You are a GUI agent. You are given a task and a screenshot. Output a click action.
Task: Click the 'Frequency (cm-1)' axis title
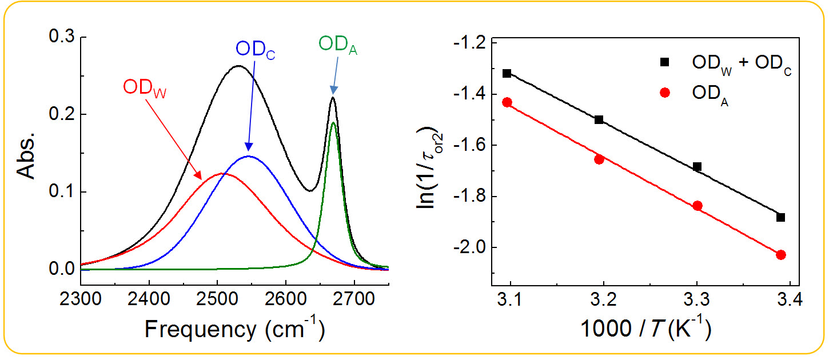tap(234, 329)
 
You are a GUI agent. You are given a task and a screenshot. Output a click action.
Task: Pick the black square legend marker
tap(664, 62)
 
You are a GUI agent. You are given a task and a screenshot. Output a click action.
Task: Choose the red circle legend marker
tap(664, 93)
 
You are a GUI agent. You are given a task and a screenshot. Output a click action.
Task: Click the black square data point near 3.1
tap(507, 73)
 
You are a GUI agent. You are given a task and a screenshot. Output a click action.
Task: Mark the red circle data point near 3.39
tap(781, 255)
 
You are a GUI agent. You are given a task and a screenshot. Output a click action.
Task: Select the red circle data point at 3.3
tap(697, 206)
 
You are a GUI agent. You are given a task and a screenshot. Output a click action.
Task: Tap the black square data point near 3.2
tap(599, 119)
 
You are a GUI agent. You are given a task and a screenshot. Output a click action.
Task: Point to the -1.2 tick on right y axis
tap(470, 43)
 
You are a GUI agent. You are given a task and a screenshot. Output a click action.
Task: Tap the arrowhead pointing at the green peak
tap(333, 91)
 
